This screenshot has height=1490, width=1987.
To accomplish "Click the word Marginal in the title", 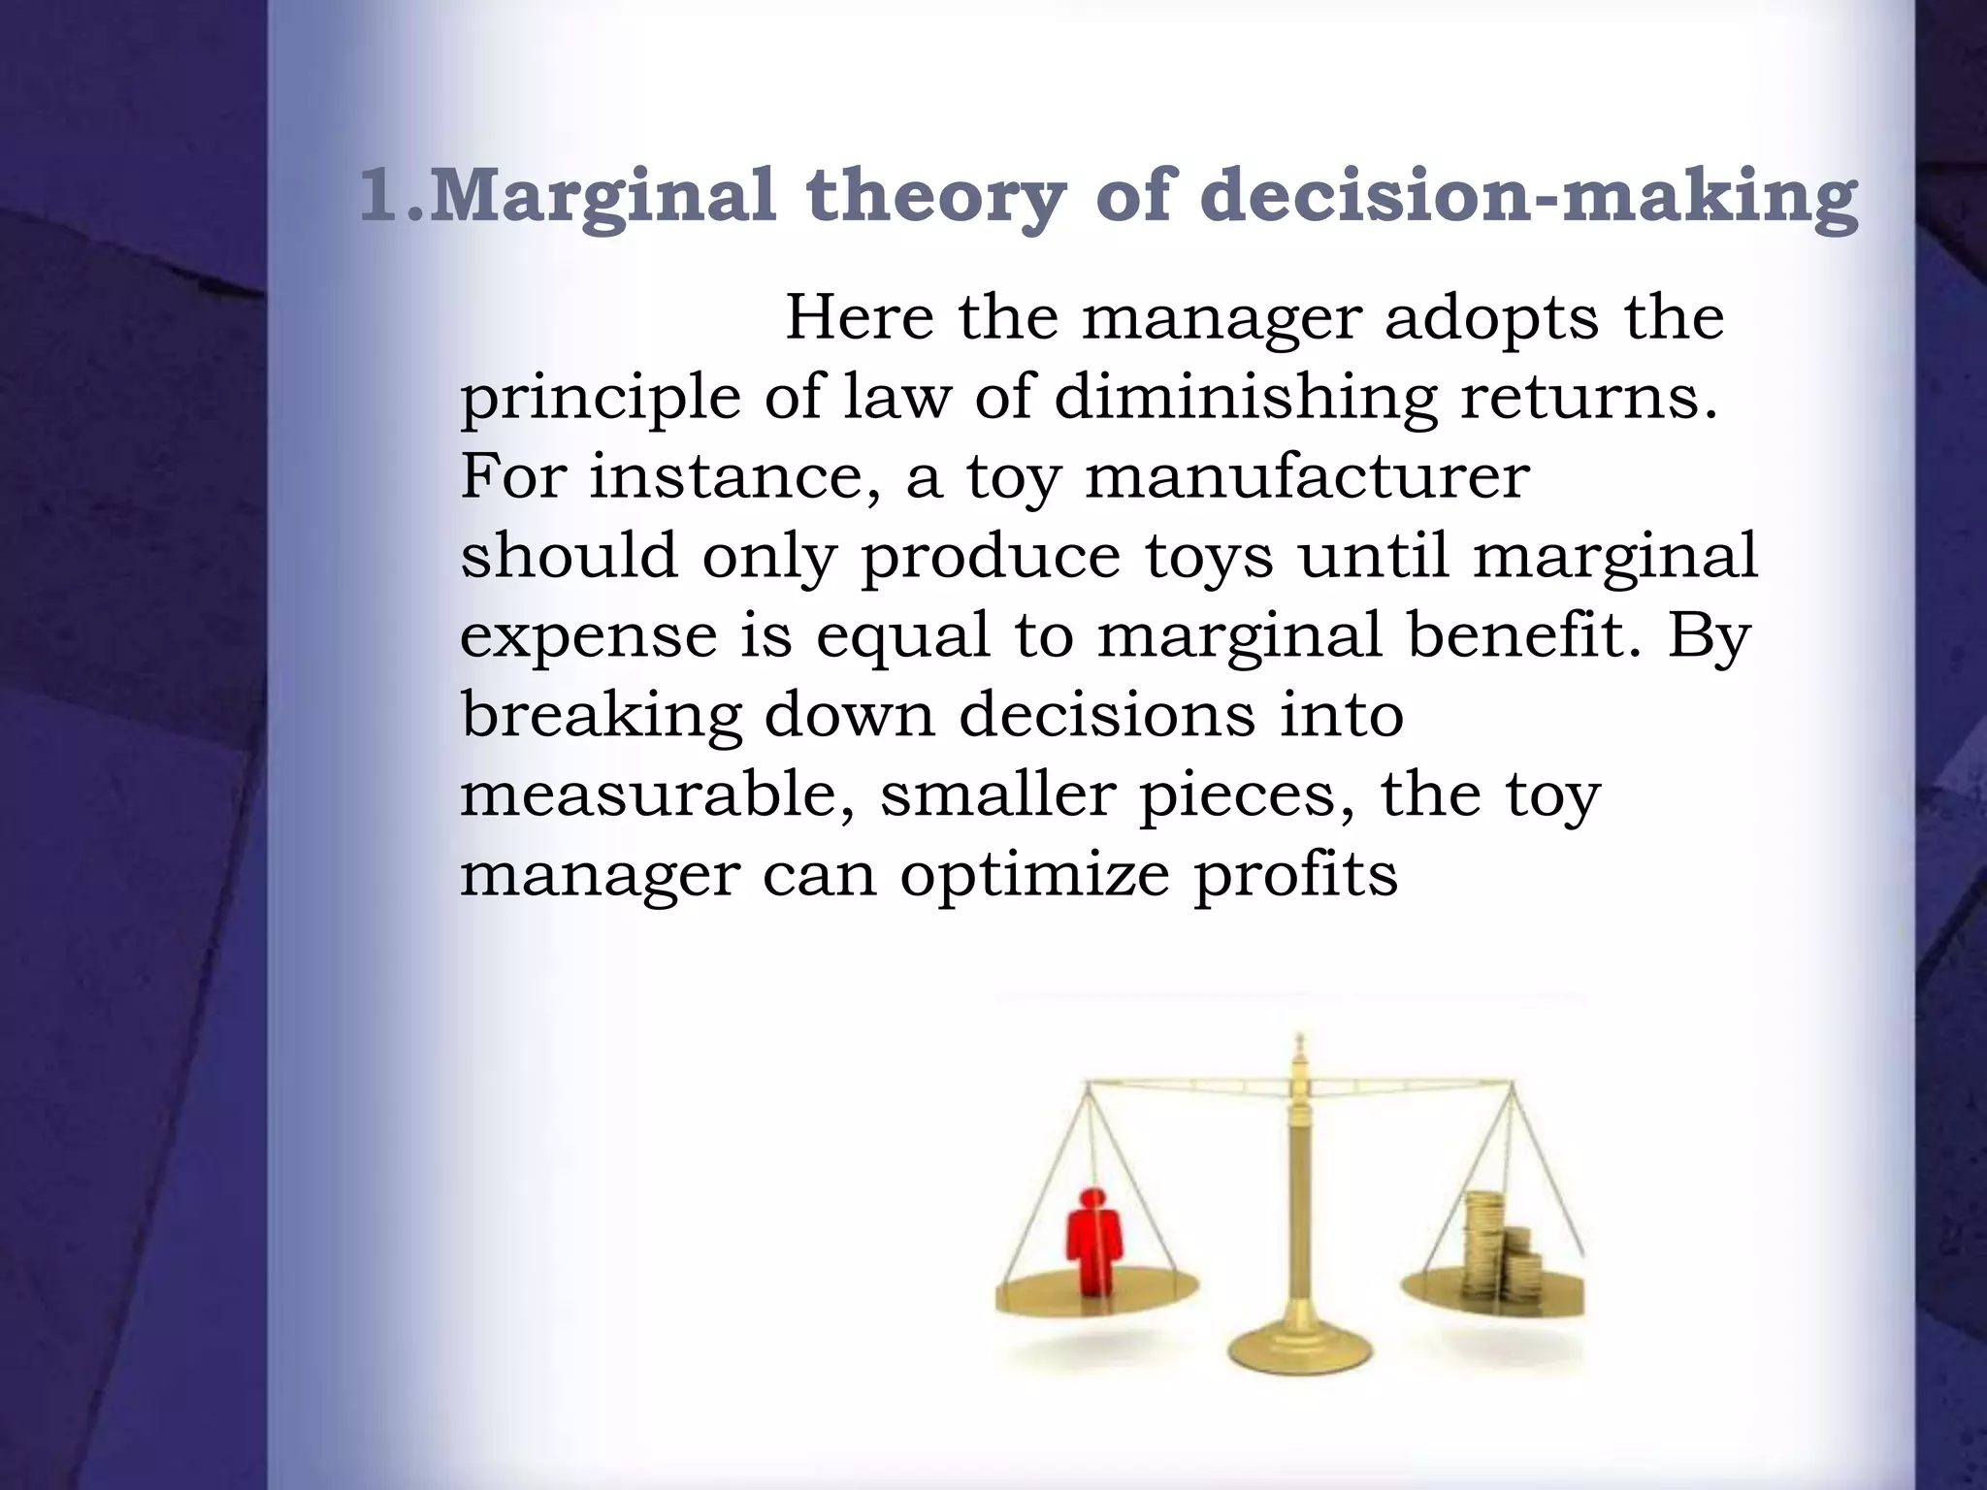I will pos(602,197).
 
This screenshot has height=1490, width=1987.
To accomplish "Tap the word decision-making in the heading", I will pos(1528,197).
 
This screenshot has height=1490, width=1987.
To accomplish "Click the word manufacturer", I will pos(1306,477).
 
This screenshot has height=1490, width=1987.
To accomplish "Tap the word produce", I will pos(989,557).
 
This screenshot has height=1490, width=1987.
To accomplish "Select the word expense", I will pos(587,636).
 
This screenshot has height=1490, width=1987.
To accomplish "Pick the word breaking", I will pos(601,716).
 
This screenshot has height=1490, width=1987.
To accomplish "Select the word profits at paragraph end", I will pos(1295,875).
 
